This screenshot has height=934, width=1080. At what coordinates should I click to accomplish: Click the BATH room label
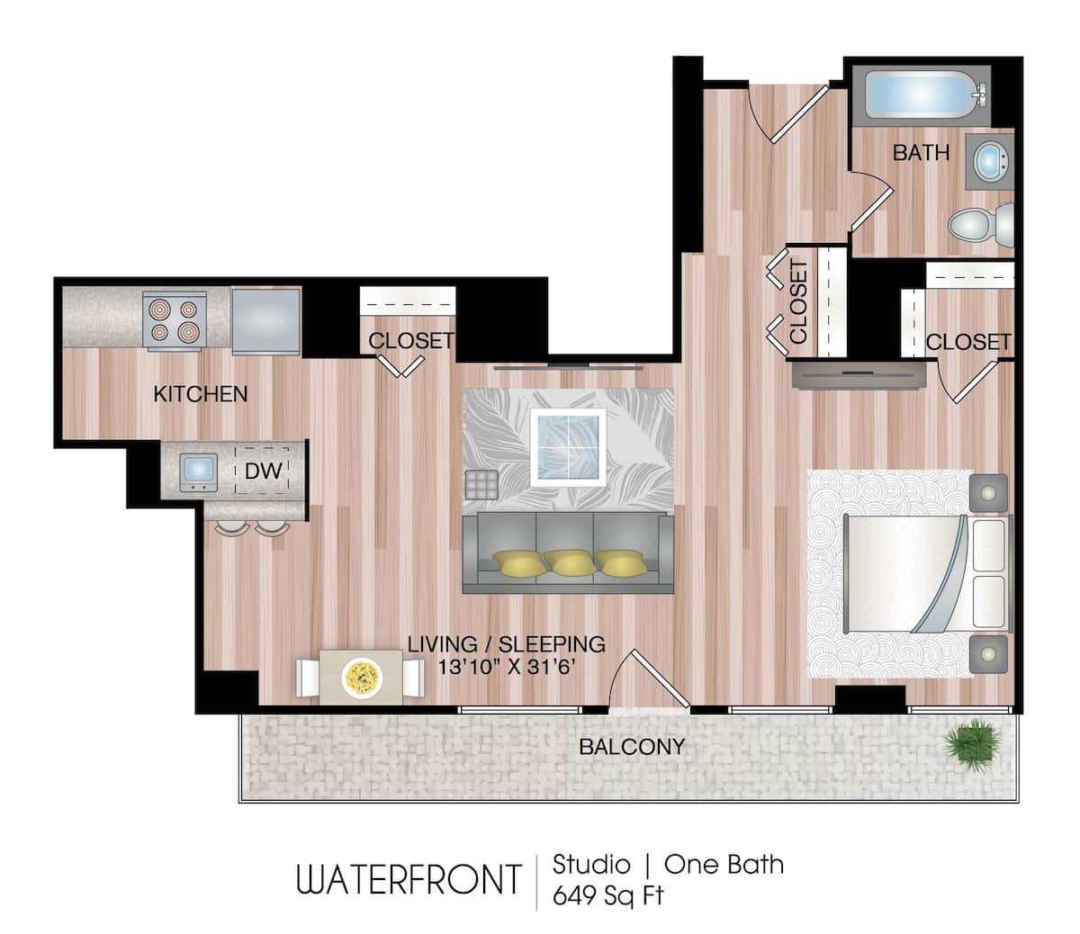point(921,153)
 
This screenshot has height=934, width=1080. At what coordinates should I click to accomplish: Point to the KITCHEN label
point(200,394)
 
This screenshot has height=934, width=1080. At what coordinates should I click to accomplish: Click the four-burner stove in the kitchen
point(175,320)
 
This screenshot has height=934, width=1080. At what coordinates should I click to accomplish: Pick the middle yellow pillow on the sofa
point(568,563)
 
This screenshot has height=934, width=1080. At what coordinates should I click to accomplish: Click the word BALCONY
point(632,746)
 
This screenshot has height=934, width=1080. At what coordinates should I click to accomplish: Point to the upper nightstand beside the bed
point(989,493)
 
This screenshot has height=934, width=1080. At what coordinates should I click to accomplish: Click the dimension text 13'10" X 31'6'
point(506,668)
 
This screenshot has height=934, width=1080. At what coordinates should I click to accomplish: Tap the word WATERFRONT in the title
point(409,879)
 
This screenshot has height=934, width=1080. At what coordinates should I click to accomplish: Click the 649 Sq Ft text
point(607,896)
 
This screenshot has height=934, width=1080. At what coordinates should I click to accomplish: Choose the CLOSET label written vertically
point(798,302)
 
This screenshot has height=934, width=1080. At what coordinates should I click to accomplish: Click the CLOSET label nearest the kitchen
point(410,341)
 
